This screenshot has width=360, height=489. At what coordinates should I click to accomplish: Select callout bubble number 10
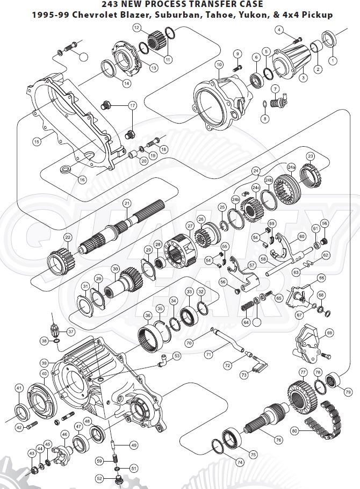tap(219, 64)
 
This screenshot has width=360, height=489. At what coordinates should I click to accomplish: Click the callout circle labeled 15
tap(37, 142)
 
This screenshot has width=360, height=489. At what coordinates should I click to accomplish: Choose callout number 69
tap(329, 333)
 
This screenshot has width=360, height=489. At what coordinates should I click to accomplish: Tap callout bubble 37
tap(71, 332)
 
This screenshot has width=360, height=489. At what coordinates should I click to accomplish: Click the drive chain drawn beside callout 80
tap(322, 414)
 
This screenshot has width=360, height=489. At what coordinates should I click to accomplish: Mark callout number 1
tap(333, 61)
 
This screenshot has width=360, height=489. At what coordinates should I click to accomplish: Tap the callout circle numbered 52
tap(99, 478)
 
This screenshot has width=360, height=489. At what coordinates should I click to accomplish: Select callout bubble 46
tap(65, 434)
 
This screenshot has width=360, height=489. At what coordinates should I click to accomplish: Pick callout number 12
tap(137, 27)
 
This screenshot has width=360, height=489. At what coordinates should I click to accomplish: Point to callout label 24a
tap(291, 168)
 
